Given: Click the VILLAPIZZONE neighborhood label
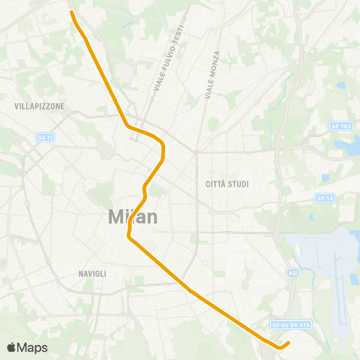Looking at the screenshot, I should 39,106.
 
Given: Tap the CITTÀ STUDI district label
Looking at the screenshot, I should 227,184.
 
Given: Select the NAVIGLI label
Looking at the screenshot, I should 92,274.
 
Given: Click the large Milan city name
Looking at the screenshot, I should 133,217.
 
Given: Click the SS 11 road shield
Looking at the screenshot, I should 45,136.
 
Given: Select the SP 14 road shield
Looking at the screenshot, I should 325,198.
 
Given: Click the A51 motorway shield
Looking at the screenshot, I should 294,274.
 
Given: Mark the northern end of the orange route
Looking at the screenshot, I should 71,12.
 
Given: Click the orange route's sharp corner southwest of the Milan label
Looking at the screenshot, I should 129,238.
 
